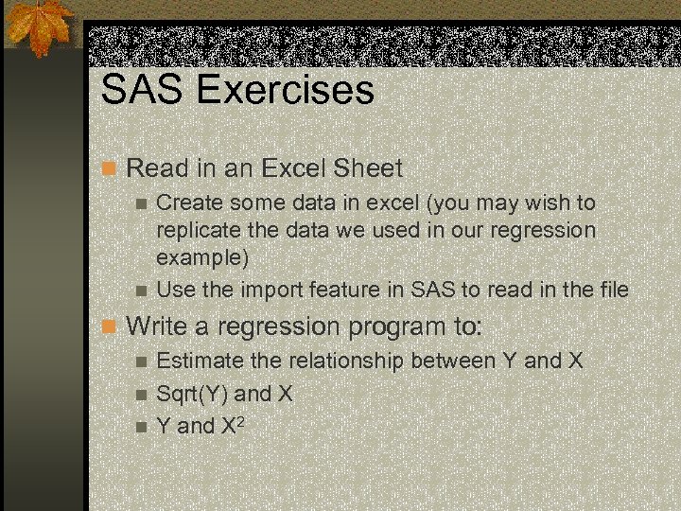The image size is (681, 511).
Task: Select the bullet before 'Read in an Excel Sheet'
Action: click(109, 169)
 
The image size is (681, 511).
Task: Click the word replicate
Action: click(197, 230)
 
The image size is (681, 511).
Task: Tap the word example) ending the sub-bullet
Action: click(202, 257)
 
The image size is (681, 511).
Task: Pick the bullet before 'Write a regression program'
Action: click(109, 327)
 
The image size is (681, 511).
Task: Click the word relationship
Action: click(335, 361)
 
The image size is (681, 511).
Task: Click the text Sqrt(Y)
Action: click(191, 394)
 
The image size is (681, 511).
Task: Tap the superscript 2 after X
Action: click(243, 419)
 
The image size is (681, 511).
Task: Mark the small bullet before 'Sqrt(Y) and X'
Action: click(142, 395)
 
